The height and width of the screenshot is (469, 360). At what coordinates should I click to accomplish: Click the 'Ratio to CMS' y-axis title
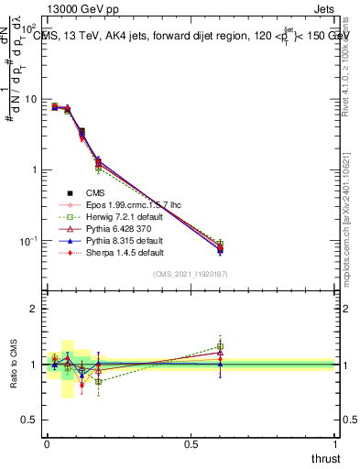click(x=13, y=364)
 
